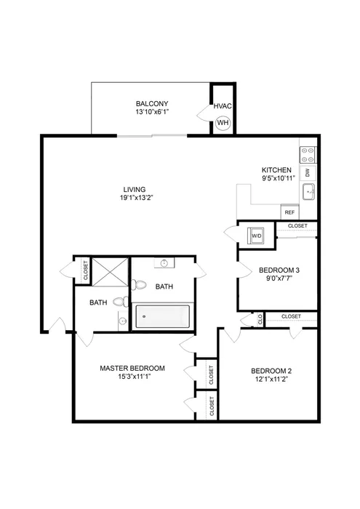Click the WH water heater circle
coord(223,122)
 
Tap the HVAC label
coord(223,107)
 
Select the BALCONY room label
coord(152,103)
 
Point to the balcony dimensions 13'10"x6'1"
coord(152,112)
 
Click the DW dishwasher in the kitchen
coord(308,172)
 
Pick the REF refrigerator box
coord(289,212)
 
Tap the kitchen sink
coord(308,192)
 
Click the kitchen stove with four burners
coord(308,154)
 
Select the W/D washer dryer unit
coord(257,236)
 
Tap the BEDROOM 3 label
coord(279,270)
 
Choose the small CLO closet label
coord(260,318)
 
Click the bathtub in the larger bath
coord(163,317)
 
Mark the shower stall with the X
coord(110,272)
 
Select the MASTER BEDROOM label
coord(132,368)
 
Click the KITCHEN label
coord(277,169)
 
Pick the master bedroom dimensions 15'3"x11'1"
coord(132,377)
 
